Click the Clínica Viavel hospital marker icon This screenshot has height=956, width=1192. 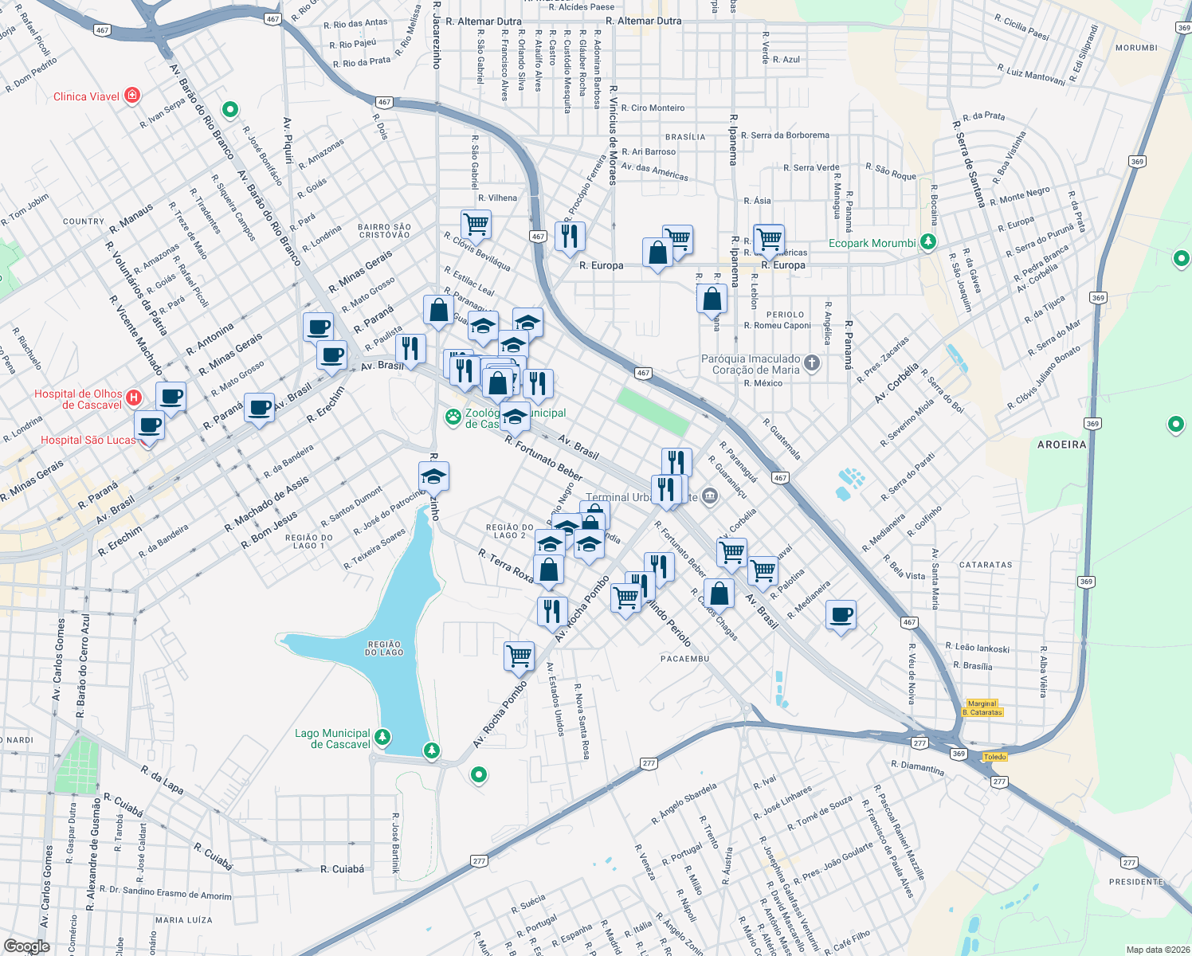click(x=132, y=96)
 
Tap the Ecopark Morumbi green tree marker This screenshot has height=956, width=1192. click(x=927, y=241)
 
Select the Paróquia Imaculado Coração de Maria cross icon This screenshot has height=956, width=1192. click(x=811, y=363)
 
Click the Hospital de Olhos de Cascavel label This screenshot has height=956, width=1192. click(x=79, y=399)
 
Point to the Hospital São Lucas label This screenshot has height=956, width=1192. click(x=88, y=440)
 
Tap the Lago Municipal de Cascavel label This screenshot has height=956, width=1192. click(x=332, y=739)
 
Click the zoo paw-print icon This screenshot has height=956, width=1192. click(x=453, y=417)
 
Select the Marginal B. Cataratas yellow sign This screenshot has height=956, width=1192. click(x=982, y=708)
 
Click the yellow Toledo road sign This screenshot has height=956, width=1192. click(x=994, y=757)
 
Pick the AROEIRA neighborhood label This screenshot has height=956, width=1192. click(x=1061, y=445)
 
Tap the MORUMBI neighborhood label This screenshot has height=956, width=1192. click(x=1136, y=48)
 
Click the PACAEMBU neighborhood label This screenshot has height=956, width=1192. click(x=684, y=659)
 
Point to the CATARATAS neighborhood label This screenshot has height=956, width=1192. click(x=986, y=565)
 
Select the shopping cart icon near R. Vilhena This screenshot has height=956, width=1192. click(x=476, y=224)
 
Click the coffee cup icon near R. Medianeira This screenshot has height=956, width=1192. click(x=841, y=615)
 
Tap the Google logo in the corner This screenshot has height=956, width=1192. click(x=26, y=946)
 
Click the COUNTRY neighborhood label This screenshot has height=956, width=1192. click(x=84, y=221)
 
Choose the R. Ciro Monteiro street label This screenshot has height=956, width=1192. click(x=653, y=108)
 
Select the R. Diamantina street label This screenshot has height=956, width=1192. click(x=918, y=768)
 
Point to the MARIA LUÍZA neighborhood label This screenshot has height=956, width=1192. click(x=184, y=920)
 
